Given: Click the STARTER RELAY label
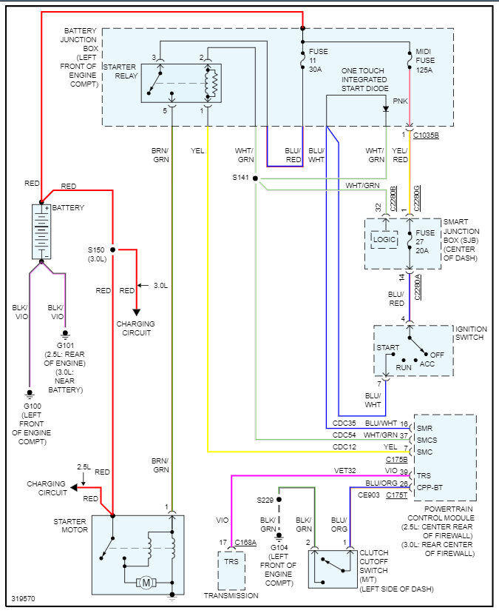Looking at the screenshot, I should coord(119,72).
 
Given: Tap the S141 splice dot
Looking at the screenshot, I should coord(255,178).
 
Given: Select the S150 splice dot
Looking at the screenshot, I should coord(113,250).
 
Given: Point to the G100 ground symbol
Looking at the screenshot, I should coord(29,393).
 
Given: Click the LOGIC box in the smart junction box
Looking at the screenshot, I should coord(384,239).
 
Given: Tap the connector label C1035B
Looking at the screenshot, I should coord(427,135).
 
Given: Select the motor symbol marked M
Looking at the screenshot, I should coord(146,583).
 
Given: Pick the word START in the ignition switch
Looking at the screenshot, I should coord(388,347).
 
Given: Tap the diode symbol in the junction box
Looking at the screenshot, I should coord(386,109).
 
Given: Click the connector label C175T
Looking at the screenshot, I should coord(396,495).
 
